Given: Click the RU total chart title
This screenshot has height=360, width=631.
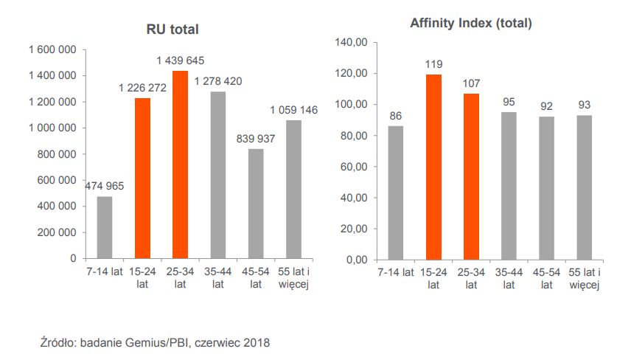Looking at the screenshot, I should (x=172, y=30).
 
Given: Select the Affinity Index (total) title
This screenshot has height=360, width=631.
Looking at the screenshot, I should (x=471, y=24).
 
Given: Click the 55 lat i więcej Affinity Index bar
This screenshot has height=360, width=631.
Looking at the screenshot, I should (x=584, y=187).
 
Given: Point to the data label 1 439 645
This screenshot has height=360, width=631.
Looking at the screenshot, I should (x=181, y=60).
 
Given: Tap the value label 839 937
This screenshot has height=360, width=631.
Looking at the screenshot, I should (x=256, y=138).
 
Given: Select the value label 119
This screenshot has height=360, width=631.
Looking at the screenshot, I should (x=433, y=64).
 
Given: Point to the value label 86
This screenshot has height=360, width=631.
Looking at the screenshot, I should (x=395, y=116).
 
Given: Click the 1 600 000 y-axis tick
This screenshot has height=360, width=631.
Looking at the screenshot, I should (x=52, y=49).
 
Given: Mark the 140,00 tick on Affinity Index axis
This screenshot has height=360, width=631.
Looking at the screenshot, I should (x=350, y=43).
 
